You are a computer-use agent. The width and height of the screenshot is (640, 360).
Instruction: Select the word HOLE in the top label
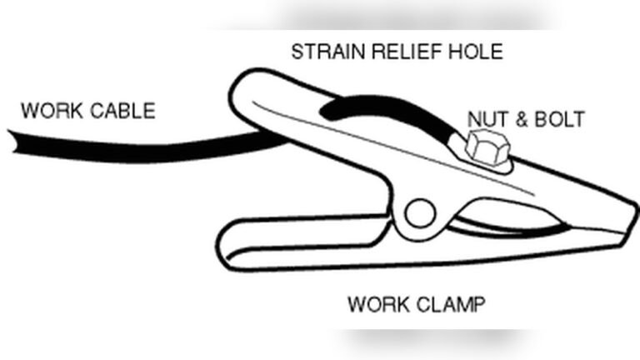(476, 52)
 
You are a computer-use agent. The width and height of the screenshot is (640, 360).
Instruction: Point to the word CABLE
(122, 111)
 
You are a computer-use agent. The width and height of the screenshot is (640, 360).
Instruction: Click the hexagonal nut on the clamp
(487, 147)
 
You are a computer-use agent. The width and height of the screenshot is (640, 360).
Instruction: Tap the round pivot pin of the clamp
(420, 213)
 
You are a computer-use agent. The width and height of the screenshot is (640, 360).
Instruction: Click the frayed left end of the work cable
(13, 142)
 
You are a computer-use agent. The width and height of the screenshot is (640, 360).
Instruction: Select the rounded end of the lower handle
(222, 246)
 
